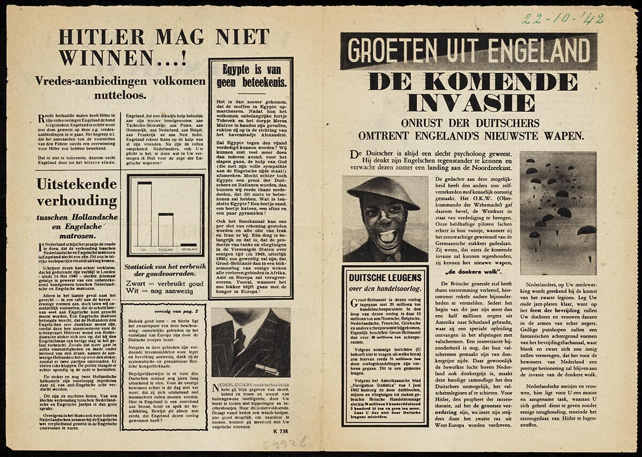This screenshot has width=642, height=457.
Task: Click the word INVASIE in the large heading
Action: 471,102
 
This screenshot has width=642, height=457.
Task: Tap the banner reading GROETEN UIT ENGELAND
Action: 469,51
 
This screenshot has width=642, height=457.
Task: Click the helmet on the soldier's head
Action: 382,192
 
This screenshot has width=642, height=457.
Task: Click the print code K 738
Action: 281,431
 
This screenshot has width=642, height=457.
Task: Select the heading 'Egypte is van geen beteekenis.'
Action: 251,77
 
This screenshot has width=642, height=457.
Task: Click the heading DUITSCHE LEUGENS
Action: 385,278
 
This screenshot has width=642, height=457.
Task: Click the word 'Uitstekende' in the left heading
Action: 77,185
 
